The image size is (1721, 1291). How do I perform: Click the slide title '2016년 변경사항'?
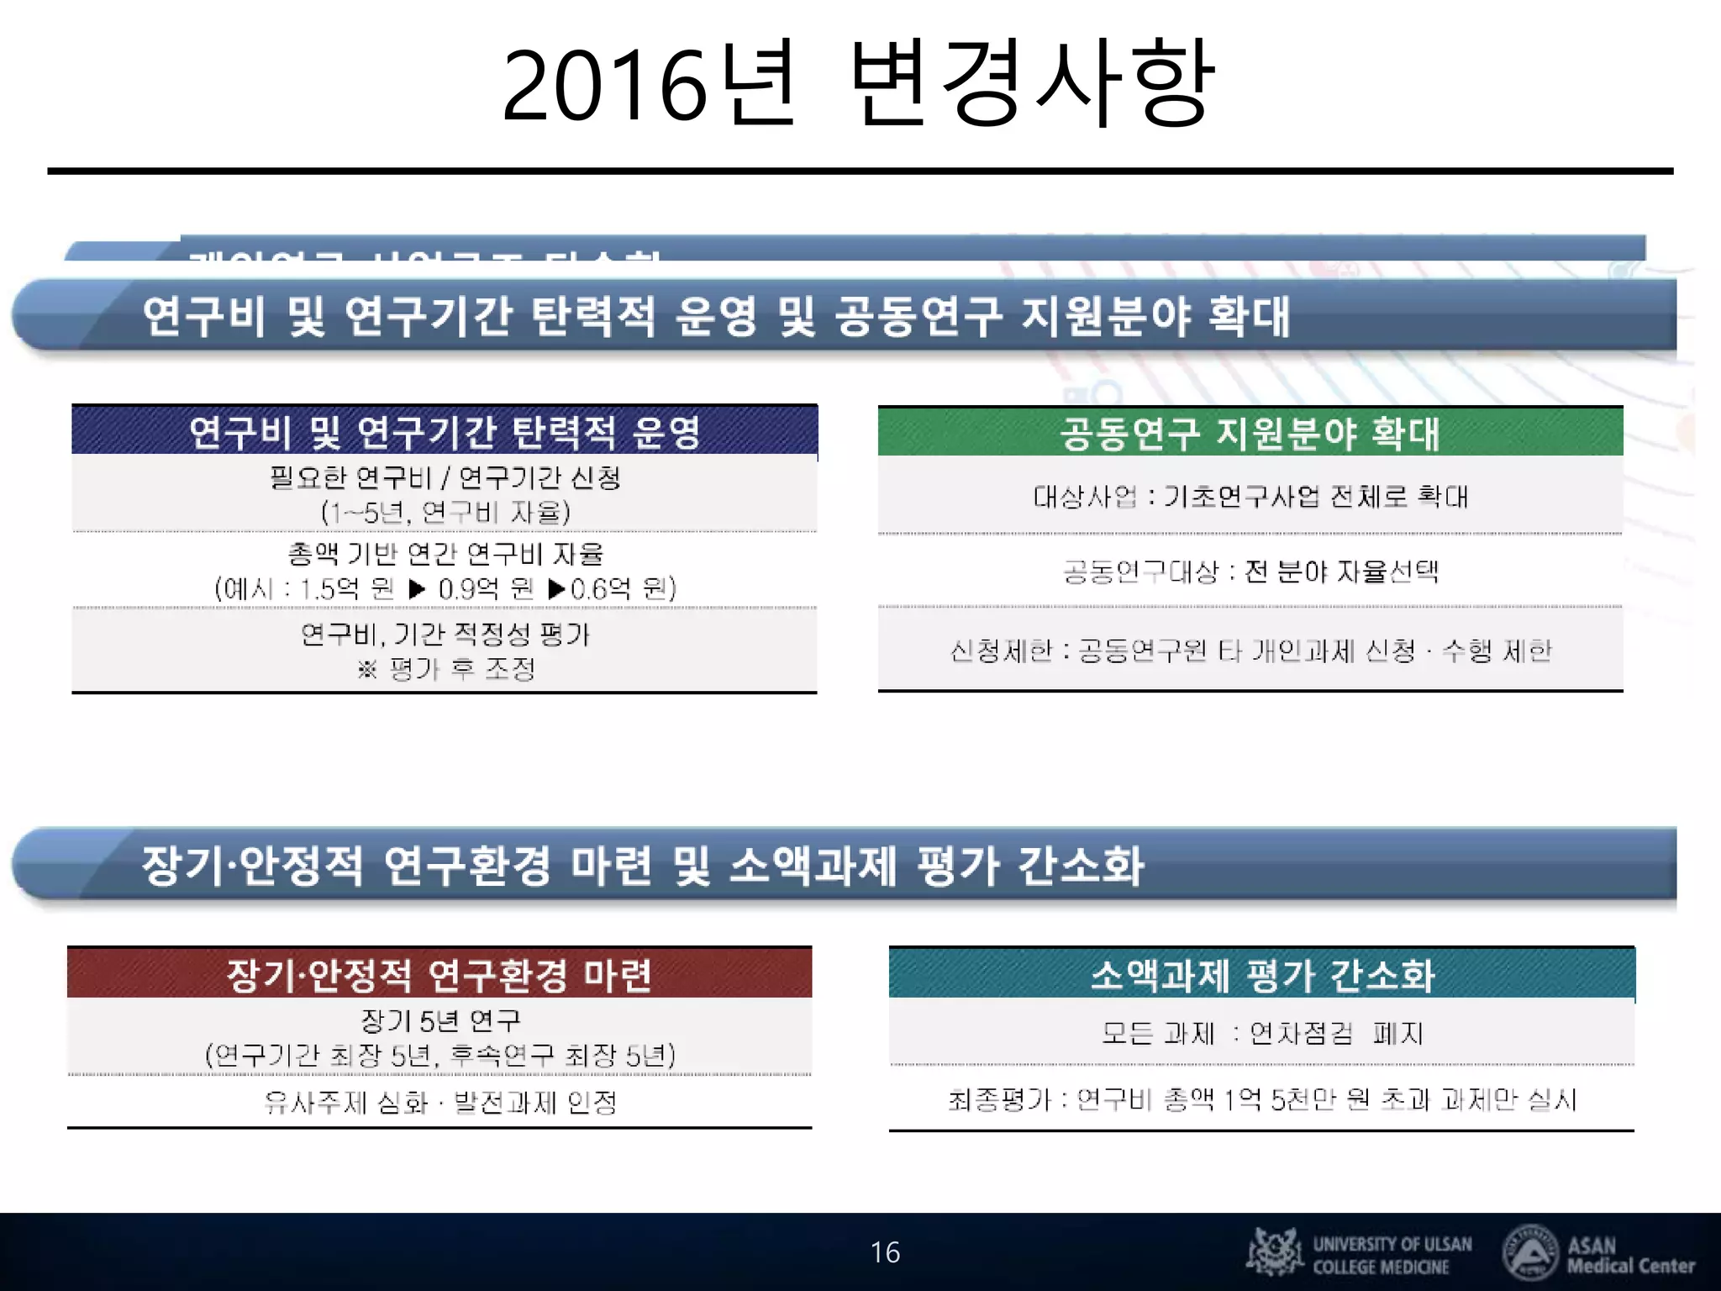coord(857,84)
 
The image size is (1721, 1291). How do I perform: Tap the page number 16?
coord(885,1252)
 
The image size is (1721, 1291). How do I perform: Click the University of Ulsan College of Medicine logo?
coord(1360,1253)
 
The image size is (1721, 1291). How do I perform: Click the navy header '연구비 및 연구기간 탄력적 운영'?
coord(444,432)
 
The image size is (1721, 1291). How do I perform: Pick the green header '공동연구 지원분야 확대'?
coord(1250,433)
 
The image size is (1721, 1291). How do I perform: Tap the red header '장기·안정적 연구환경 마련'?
coord(439,974)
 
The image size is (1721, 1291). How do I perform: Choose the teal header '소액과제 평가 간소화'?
coord(1261,975)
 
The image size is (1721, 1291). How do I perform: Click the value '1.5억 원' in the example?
coord(347,588)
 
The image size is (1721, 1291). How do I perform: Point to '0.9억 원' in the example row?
coord(486,588)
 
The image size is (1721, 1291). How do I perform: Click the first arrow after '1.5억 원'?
coord(417,588)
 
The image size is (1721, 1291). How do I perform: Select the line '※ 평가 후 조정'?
coord(446,669)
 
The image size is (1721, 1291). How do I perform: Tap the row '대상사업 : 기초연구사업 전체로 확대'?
coord(1250,496)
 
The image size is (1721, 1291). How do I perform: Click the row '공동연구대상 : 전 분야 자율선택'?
coord(1250,572)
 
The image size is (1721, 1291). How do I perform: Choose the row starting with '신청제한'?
coord(1250,651)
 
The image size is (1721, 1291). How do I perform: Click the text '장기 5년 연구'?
coord(440,1020)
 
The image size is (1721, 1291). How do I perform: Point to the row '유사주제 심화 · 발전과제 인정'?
coord(440,1102)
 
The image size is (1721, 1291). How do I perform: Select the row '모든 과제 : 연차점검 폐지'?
coord(1261,1033)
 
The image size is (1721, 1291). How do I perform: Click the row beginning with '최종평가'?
coord(1261,1099)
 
